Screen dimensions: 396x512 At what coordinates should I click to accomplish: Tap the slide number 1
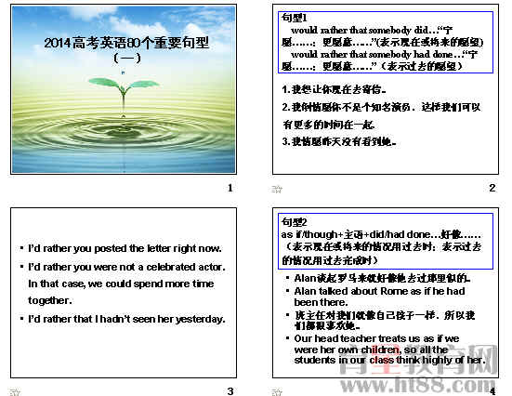230,189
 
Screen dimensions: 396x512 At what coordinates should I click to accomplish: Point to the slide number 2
492,189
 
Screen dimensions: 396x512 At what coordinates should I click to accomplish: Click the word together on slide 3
50,300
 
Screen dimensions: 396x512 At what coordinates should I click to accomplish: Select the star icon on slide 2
277,189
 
